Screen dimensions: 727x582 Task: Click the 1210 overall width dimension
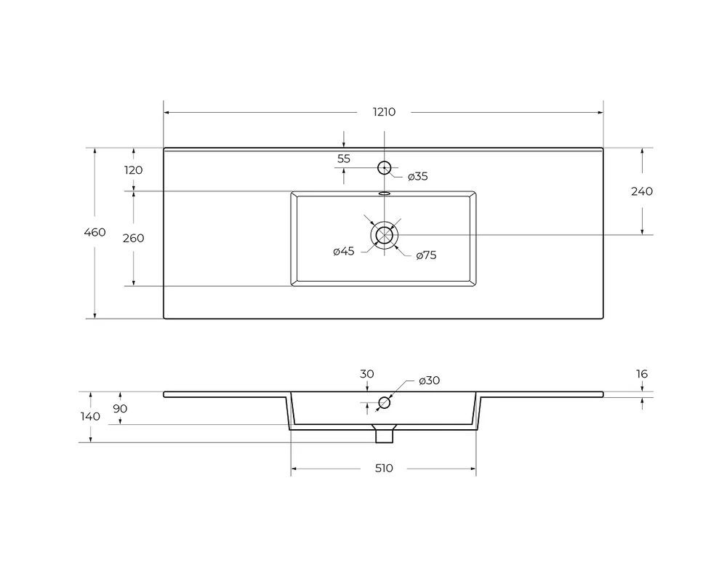click(384, 112)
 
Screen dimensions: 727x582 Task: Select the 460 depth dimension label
click(95, 232)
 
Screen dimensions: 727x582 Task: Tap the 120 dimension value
click(133, 170)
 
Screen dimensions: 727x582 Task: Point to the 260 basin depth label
click(133, 238)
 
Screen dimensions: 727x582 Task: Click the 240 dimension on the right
click(642, 191)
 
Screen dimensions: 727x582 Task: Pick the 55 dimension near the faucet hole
click(344, 159)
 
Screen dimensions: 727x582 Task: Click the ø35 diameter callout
click(418, 176)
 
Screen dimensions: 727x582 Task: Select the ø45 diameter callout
click(344, 251)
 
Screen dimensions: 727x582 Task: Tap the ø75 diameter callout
click(426, 255)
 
